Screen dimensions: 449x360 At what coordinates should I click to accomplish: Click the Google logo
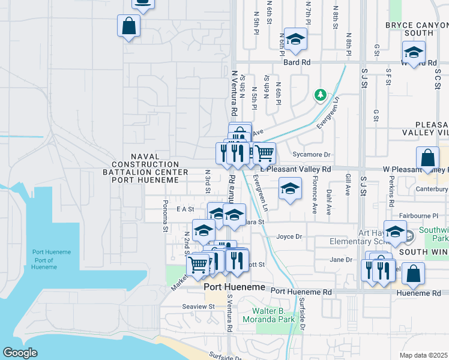click(20, 353)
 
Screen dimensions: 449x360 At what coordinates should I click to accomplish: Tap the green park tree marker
click(321, 95)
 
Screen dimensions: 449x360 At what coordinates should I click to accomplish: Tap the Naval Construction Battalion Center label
click(145, 164)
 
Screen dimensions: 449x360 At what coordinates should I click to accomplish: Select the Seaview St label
click(198, 306)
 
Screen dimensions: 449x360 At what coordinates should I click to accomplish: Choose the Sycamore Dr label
click(312, 154)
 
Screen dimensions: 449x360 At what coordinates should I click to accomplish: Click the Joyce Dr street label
click(288, 236)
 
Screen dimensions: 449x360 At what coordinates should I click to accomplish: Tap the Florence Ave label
click(315, 202)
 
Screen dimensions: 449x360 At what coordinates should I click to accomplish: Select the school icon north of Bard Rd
click(295, 40)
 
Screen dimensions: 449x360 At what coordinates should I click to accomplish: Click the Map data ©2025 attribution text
click(424, 355)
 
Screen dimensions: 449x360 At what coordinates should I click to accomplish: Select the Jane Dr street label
click(341, 259)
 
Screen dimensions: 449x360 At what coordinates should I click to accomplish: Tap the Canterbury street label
click(432, 190)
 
